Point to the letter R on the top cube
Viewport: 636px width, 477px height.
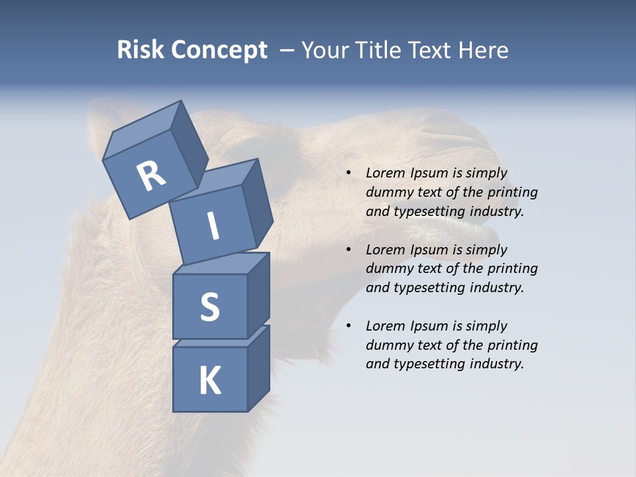point(151,176)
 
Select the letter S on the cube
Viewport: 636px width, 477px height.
point(209,307)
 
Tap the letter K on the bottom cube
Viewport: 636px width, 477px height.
point(209,381)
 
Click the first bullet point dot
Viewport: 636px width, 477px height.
point(348,174)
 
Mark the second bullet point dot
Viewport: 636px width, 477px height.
point(348,250)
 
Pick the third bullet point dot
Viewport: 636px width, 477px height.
point(348,326)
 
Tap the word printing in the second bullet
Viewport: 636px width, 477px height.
point(512,268)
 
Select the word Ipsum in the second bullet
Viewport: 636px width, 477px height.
point(429,250)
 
